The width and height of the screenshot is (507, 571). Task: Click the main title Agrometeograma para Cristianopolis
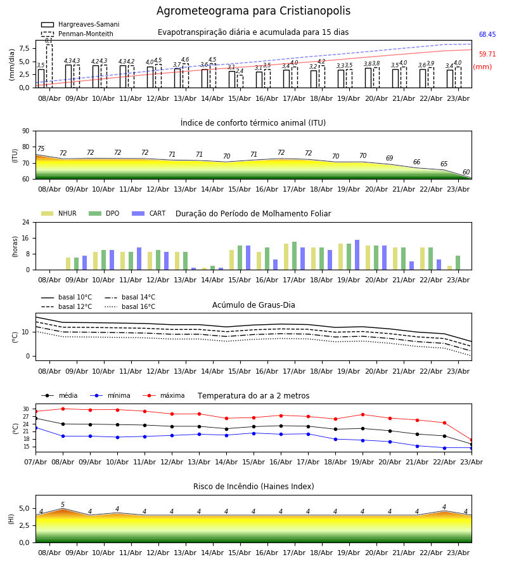pyautogui.click(x=253, y=11)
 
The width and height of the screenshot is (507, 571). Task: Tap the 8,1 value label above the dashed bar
pyautogui.click(x=49, y=41)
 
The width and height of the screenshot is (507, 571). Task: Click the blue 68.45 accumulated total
pyautogui.click(x=487, y=35)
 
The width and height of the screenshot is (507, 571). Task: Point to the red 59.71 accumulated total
pyautogui.click(x=487, y=55)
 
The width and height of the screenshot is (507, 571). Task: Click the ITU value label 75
pyautogui.click(x=41, y=148)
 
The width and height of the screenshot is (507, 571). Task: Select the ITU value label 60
pyautogui.click(x=466, y=172)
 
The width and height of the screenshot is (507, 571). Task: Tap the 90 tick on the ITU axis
pyautogui.click(x=26, y=131)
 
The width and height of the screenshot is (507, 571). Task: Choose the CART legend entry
pyautogui.click(x=149, y=213)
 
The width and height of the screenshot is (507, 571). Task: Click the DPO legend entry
pyautogui.click(x=104, y=213)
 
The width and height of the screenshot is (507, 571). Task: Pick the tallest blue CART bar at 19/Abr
pyautogui.click(x=357, y=255)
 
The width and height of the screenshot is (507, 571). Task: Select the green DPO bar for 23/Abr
pyautogui.click(x=458, y=263)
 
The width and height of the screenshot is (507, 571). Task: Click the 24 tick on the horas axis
pyautogui.click(x=26, y=222)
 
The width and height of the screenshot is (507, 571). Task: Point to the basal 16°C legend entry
pyautogui.click(x=130, y=306)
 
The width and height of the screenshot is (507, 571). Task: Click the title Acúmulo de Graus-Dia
pyautogui.click(x=253, y=305)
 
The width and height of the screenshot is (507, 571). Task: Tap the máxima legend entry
pyautogui.click(x=164, y=395)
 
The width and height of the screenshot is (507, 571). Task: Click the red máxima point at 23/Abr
pyautogui.click(x=472, y=440)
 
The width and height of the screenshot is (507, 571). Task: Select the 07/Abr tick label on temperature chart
pyautogui.click(x=35, y=462)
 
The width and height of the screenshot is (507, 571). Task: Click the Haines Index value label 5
pyautogui.click(x=63, y=505)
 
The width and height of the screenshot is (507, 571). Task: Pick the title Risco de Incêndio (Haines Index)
pyautogui.click(x=253, y=487)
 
